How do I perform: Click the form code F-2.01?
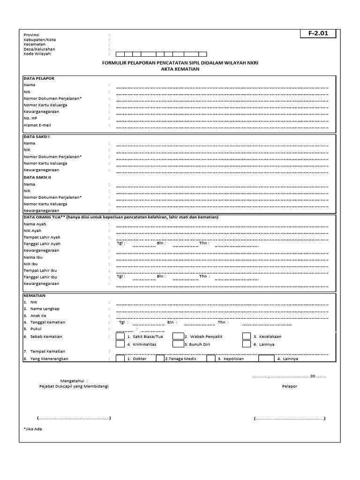[x=318, y=34]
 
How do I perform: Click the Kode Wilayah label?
[x=37, y=54]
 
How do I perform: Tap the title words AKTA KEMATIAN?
[x=180, y=69]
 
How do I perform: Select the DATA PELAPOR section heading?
[x=39, y=78]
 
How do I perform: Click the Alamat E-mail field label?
[x=37, y=125]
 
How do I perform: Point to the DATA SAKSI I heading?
[x=37, y=136]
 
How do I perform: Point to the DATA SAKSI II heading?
[x=37, y=177]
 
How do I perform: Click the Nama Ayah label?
[x=36, y=224]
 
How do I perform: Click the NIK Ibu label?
[x=31, y=264]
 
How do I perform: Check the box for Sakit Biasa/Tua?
[x=120, y=336]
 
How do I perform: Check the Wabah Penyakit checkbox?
[x=178, y=336]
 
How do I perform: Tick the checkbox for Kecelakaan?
[x=247, y=336]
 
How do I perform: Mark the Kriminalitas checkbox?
[x=120, y=344]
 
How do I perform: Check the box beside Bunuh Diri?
[x=178, y=344]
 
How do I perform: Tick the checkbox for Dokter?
[x=120, y=359]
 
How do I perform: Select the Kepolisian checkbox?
[x=210, y=359]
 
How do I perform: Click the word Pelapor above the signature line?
[x=289, y=386]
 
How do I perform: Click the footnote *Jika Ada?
[x=33, y=428]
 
